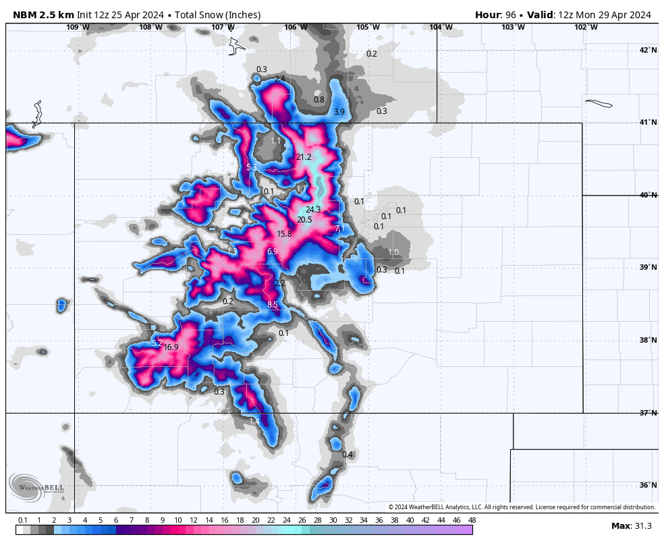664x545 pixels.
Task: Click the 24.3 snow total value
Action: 313,210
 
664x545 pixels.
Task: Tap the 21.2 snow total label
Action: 304,158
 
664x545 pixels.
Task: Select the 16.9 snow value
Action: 171,348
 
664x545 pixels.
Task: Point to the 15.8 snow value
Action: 284,235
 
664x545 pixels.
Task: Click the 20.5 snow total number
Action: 304,220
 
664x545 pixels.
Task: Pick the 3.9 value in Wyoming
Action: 339,112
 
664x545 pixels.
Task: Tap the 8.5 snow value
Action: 273,305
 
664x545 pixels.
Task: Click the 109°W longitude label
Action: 78,27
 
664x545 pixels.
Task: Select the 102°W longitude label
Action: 586,27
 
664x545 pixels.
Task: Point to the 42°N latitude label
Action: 648,51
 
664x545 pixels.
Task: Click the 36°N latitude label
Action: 648,486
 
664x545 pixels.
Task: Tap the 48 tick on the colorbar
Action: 472,521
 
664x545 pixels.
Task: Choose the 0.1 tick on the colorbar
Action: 22,521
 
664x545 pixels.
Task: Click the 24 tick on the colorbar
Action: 286,521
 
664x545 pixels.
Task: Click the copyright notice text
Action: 522,507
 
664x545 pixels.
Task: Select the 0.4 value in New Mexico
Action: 348,455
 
